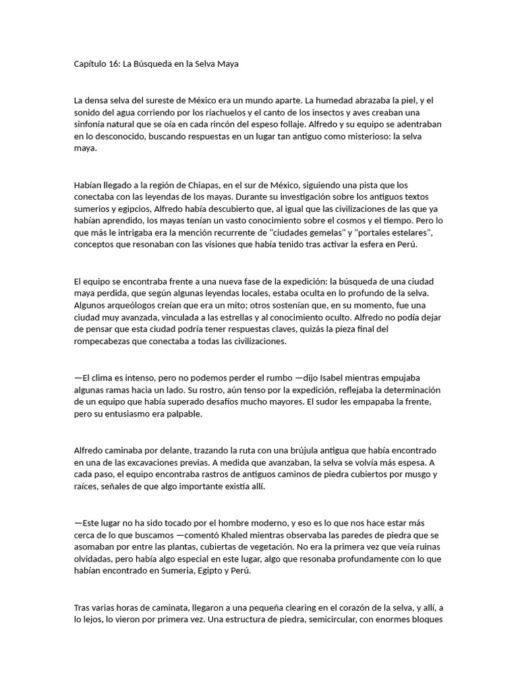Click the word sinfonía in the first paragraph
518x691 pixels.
point(92,124)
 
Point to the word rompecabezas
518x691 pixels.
point(106,341)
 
